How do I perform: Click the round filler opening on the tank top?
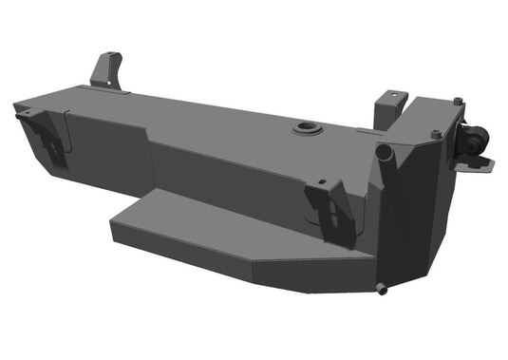[308, 127]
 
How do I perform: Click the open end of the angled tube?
[384, 151]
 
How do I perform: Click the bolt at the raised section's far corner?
[459, 102]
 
